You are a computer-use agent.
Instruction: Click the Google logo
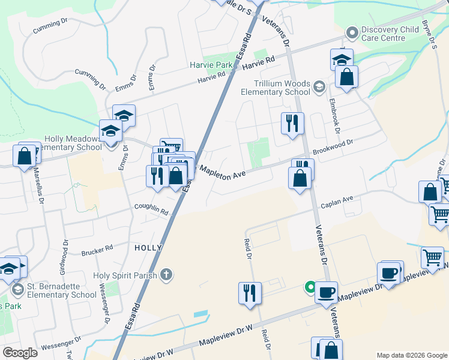pyautogui.click(x=20, y=353)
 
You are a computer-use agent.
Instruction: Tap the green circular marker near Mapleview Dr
pyautogui.click(x=310, y=287)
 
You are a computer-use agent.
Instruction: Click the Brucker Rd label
pyautogui.click(x=97, y=249)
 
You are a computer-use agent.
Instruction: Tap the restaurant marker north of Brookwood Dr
pyautogui.click(x=292, y=124)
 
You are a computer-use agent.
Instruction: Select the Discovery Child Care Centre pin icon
pyautogui.click(x=352, y=31)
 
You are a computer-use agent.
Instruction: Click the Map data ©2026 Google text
pyautogui.click(x=411, y=355)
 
